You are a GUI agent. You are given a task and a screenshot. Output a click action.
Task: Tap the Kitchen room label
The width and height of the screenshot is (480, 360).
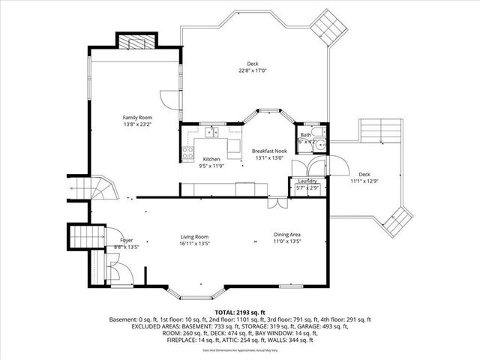[211, 159]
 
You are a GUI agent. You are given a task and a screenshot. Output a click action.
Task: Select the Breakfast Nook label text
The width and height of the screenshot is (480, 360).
[269, 151]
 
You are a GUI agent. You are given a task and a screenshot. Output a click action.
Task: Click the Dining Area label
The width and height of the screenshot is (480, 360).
[286, 235]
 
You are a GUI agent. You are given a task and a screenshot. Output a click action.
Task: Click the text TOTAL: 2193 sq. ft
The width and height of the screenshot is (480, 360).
[239, 310]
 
